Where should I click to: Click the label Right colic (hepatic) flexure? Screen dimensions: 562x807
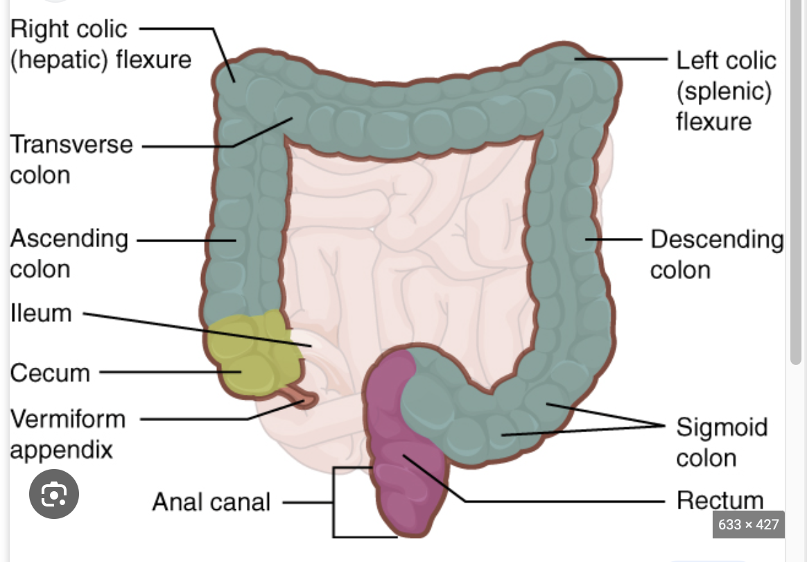coord(101,44)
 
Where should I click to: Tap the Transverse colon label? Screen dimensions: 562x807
coord(71,159)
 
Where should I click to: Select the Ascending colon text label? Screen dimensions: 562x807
coord(69,253)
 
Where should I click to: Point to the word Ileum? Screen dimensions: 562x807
coord(41,314)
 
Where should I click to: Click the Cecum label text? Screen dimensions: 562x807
coord(50,373)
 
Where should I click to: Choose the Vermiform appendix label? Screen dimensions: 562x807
coord(68,434)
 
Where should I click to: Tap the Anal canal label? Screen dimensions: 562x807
coord(211,501)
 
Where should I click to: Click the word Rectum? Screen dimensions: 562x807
coord(719,500)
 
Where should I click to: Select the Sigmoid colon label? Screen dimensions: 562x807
coord(721,442)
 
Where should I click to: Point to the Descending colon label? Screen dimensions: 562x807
coord(716,254)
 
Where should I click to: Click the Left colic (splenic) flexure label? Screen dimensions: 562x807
coord(725,91)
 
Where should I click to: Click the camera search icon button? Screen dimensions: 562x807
coord(54,495)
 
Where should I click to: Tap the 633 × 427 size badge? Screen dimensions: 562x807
coord(749,525)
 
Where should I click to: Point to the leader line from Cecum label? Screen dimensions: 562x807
coord(166,372)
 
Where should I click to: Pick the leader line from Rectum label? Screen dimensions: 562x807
coord(555,500)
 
